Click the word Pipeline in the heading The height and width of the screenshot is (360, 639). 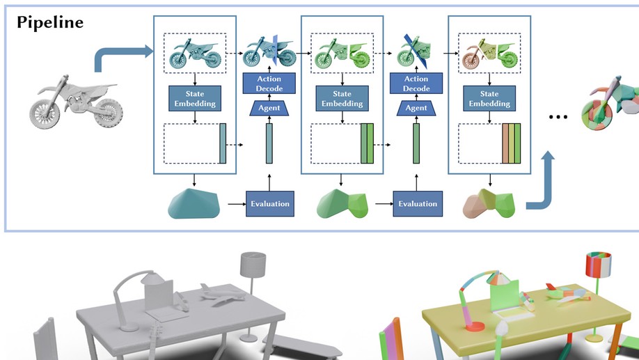50,22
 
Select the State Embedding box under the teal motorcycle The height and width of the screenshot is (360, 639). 195,97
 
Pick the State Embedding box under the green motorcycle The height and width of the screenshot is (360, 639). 342,97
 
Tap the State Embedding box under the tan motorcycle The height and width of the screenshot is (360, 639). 490,97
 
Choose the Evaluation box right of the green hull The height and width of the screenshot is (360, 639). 416,204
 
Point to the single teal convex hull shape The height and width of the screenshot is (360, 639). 194,203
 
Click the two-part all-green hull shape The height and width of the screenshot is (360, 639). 342,203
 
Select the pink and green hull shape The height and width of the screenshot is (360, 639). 489,203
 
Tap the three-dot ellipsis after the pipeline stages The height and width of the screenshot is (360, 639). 559,117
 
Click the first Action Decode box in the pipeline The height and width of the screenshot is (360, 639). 269,84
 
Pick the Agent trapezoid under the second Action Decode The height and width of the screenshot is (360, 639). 416,108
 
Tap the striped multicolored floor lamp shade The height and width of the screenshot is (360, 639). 598,265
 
